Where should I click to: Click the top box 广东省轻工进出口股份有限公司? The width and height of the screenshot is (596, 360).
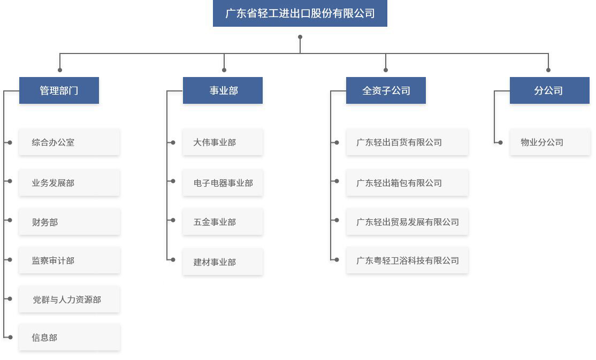pos(300,13)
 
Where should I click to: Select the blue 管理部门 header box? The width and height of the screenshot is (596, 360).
pos(59,90)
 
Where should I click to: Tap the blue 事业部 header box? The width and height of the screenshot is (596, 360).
pos(223,90)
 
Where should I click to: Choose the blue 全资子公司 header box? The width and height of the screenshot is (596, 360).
pos(386,90)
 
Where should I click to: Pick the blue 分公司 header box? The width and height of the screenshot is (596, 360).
pos(549,90)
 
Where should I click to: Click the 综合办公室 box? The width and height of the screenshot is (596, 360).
pos(70,142)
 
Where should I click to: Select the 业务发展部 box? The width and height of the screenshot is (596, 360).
pos(70,183)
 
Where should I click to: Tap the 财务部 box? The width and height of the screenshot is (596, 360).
pos(70,221)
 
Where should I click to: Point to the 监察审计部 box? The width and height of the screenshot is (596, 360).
pos(70,261)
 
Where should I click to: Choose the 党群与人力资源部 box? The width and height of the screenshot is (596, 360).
pos(70,299)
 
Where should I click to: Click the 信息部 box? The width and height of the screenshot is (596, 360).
pos(70,337)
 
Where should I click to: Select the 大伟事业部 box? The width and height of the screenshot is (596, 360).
pos(223,142)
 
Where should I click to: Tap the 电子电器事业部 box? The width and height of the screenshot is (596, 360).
pos(223,183)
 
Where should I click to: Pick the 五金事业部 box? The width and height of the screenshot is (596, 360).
pos(223,221)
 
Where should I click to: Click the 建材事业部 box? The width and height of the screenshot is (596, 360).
pos(223,262)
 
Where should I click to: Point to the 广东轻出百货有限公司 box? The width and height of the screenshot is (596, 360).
pos(407,142)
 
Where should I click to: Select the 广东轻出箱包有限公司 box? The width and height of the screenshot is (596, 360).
pos(407,183)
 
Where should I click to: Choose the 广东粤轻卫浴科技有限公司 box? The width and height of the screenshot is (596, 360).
pos(407,261)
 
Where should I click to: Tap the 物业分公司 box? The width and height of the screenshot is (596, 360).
pos(550,142)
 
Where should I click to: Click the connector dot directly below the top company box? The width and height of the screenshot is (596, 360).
pos(300,37)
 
